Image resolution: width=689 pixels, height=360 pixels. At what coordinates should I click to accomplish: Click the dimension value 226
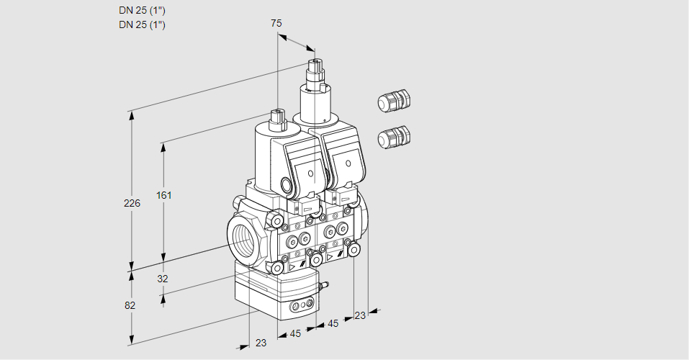132,204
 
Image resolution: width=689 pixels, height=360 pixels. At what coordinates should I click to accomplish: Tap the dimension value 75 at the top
276,23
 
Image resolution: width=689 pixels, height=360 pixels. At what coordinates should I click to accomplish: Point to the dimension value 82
130,305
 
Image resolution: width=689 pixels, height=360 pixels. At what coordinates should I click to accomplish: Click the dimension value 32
162,279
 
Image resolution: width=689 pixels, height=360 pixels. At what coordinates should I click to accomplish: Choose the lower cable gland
393,136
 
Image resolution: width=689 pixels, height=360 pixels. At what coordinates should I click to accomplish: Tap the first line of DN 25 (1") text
143,11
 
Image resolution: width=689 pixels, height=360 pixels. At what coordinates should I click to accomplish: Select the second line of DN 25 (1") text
143,24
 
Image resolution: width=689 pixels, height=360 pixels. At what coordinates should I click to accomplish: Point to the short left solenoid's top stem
277,117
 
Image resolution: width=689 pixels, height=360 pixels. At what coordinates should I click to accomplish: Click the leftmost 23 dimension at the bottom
261,343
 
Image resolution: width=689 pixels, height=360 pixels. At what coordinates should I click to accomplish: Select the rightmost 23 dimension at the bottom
360,315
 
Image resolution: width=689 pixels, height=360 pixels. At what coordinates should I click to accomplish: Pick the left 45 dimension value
294,333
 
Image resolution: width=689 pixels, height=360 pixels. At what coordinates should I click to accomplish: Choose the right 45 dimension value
333,323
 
